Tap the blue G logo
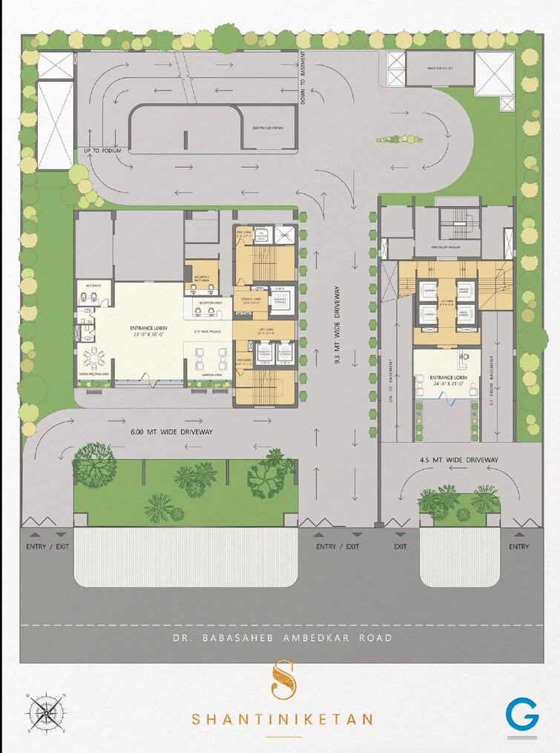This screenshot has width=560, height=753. click(522, 716)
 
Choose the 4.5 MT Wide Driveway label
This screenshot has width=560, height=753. click(455, 460)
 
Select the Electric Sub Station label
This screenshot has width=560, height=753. click(269, 128)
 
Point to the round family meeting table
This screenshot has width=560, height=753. click(93, 358)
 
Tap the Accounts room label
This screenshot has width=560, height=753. click(93, 284)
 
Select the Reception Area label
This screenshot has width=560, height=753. click(202, 303)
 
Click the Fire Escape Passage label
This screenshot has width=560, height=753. click(446, 247)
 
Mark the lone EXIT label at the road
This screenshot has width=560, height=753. click(401, 547)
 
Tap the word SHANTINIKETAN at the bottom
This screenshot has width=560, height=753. click(283, 719)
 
